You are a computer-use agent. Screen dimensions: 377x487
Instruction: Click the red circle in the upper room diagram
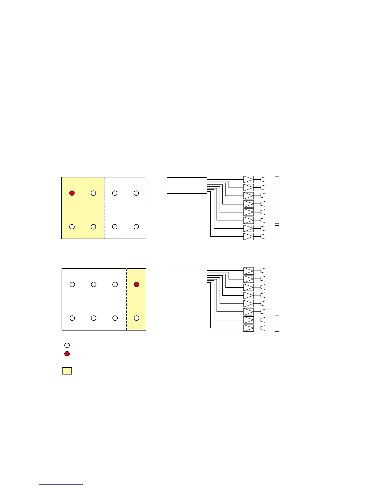pyautogui.click(x=72, y=193)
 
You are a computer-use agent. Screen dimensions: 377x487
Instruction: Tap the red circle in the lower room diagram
pyautogui.click(x=136, y=284)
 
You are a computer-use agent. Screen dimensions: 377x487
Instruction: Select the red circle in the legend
pyautogui.click(x=67, y=354)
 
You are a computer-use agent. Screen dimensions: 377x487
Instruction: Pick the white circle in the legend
pyautogui.click(x=67, y=345)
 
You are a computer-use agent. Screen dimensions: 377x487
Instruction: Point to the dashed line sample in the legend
pyautogui.click(x=67, y=362)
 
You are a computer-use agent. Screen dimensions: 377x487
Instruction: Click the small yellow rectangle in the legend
pyautogui.click(x=67, y=371)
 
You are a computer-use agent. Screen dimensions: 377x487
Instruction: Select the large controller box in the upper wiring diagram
pyautogui.click(x=187, y=185)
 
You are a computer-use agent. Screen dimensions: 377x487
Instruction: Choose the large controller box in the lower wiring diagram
pyautogui.click(x=187, y=277)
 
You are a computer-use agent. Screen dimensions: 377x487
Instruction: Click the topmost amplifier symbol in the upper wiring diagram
pyautogui.click(x=249, y=179)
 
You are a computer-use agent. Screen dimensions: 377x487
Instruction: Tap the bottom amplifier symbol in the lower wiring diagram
pyautogui.click(x=249, y=328)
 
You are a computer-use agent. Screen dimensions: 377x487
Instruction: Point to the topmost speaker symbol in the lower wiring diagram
pyautogui.click(x=263, y=271)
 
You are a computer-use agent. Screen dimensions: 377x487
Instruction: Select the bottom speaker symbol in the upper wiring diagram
pyautogui.click(x=263, y=236)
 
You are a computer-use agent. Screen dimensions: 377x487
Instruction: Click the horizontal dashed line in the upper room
pyautogui.click(x=125, y=208)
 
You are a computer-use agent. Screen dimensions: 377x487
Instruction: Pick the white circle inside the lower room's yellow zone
pyautogui.click(x=136, y=318)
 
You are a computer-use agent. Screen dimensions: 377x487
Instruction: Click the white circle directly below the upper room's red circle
pyautogui.click(x=72, y=227)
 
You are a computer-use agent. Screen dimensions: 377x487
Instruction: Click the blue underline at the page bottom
pyautogui.click(x=61, y=484)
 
